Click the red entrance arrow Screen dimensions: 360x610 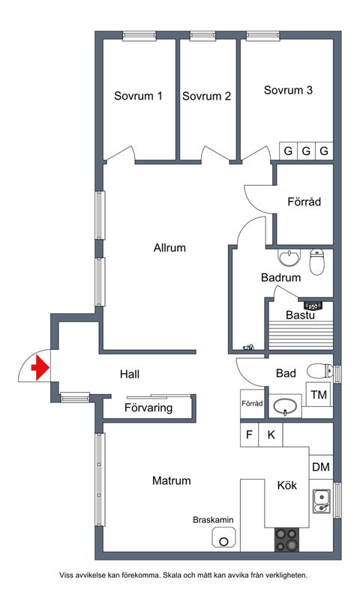pos(40,368)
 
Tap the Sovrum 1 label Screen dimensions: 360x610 pos(138,96)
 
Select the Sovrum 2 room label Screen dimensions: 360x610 pos(206,96)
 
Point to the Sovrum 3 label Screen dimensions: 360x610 pos(288,90)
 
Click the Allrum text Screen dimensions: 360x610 pos(169,248)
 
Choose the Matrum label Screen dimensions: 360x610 pos(172,480)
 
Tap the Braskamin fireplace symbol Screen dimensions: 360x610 pos(224,538)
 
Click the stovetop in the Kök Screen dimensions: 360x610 pos(286,540)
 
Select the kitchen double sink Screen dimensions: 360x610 pos(322,502)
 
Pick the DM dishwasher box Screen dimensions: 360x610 pos(321,467)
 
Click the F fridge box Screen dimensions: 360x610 pos(250,435)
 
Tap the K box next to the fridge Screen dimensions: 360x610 pos(271,435)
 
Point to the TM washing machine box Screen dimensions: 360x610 pos(319,394)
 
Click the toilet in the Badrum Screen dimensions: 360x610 pos(316,262)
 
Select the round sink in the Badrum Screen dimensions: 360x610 pos(289,257)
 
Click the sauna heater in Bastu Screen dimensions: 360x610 pos(313,305)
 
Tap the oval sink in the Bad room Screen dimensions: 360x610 pos(285,407)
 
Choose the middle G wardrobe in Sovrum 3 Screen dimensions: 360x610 pos(306,151)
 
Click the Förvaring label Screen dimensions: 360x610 pos(148,408)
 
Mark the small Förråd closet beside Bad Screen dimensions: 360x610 pos(252,403)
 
